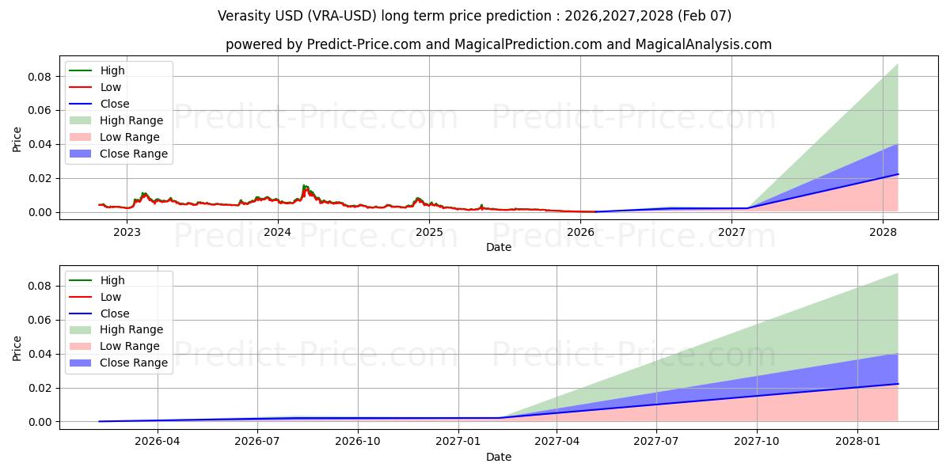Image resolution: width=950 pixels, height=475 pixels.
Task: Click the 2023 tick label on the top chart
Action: click(127, 232)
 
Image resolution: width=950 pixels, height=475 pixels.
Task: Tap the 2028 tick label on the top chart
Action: click(883, 232)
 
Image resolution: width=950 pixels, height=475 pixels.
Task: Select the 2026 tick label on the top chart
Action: click(580, 232)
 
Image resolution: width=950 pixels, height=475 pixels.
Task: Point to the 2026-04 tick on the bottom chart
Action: click(158, 442)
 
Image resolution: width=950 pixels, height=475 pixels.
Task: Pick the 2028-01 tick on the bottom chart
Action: click(857, 442)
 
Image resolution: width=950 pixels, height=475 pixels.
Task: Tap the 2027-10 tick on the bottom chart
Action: click(757, 442)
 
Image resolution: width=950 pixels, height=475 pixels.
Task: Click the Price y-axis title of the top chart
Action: click(17, 139)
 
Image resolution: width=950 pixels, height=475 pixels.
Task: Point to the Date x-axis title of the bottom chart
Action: click(499, 457)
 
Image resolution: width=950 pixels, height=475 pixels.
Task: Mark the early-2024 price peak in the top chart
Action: click(305, 186)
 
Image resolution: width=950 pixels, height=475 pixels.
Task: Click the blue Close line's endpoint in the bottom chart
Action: click(898, 384)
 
